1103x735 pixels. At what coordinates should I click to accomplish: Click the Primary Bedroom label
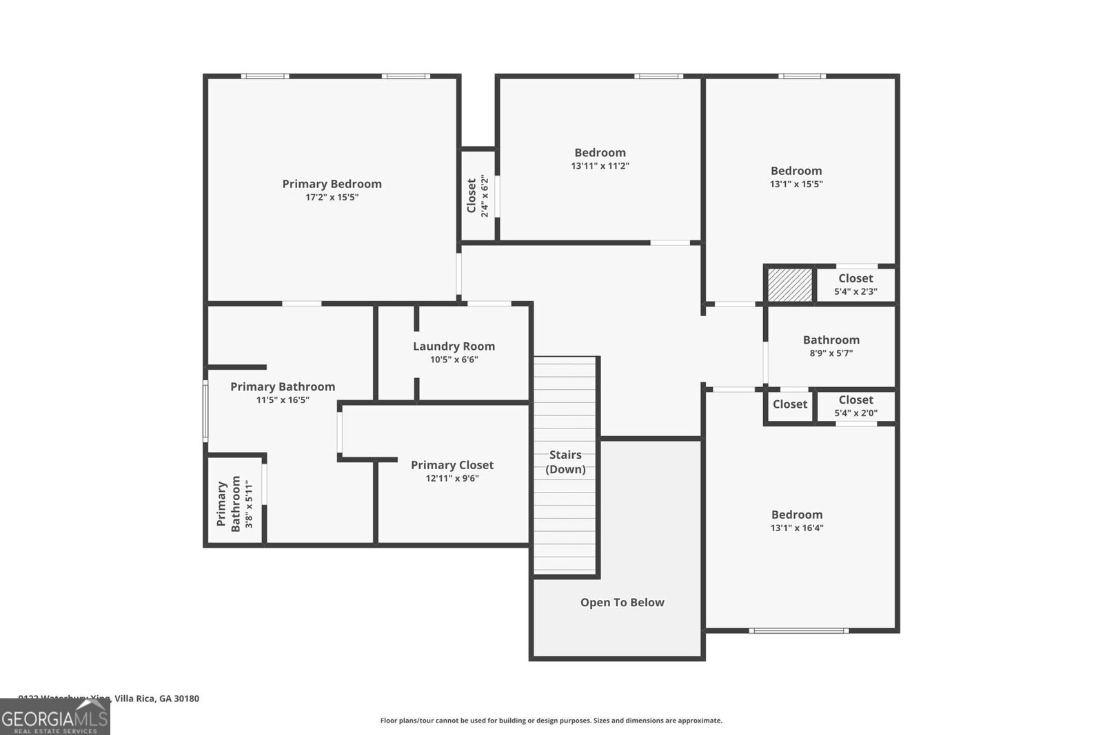point(332,184)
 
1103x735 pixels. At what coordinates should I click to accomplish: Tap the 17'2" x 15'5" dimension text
point(332,198)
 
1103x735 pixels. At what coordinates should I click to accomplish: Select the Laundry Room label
point(454,346)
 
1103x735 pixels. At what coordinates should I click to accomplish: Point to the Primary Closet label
point(452,465)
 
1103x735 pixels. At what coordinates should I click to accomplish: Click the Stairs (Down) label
point(565,462)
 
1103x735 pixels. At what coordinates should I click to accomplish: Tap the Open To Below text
point(622,603)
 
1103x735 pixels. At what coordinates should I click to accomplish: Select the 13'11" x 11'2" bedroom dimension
point(600,166)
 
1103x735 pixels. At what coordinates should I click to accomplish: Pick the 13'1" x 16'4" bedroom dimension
point(796,528)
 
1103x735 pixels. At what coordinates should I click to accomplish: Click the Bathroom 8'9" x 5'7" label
point(831,346)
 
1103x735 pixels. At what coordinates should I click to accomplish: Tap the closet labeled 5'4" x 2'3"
point(856,284)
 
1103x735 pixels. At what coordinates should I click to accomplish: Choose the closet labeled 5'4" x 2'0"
point(856,406)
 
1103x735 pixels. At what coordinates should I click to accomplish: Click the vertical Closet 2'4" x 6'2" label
point(477,196)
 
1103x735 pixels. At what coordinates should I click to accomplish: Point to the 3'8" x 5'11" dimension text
point(250,504)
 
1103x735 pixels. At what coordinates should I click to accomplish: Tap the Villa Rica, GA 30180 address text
point(156,698)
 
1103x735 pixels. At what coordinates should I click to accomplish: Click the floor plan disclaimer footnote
point(551,721)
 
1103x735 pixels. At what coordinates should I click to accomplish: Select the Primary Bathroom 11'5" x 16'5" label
point(283,393)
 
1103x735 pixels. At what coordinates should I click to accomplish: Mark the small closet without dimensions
point(789,404)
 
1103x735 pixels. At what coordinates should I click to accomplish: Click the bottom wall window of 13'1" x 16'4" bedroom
point(798,630)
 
